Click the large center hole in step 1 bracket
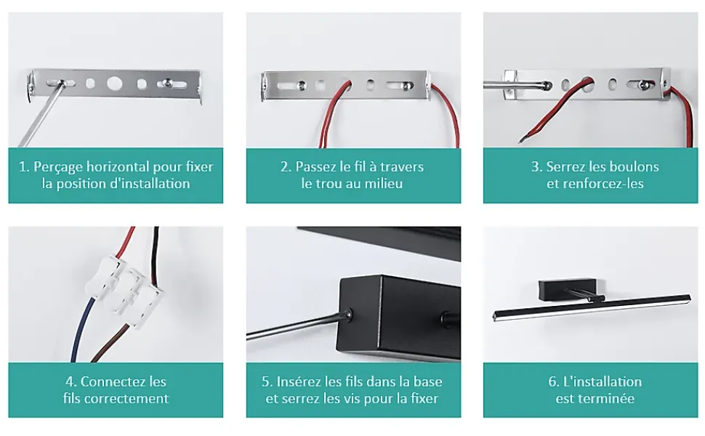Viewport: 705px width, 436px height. (x=114, y=83)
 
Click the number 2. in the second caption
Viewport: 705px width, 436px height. (x=286, y=166)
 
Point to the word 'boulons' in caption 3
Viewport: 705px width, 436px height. (x=635, y=166)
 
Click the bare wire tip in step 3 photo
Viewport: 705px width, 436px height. (x=521, y=141)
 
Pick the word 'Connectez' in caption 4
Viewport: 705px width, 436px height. (x=107, y=381)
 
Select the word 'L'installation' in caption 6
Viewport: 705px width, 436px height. (x=602, y=381)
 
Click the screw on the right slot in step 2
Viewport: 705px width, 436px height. (x=406, y=86)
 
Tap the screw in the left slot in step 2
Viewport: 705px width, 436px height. (x=302, y=85)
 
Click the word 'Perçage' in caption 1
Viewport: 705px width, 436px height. (x=58, y=167)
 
